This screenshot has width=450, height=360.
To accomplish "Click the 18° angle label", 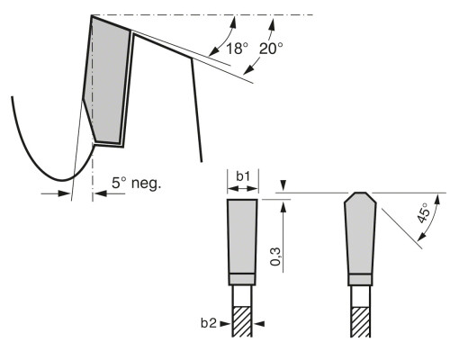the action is pos(238,49).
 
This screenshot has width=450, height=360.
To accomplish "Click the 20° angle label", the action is pos(271,49).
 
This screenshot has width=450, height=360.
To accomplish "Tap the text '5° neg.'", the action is pos(137,183).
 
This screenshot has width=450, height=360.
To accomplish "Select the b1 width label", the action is pos(243,176).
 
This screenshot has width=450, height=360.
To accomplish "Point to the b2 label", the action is pos(209,323).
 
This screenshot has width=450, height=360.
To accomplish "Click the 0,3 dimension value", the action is pos(275,256).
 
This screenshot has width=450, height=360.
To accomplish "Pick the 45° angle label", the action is pos(424,213).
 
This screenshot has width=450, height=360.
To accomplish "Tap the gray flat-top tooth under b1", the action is pos(242,237).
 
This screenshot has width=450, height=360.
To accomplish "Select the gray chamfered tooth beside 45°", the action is pos(360,234).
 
